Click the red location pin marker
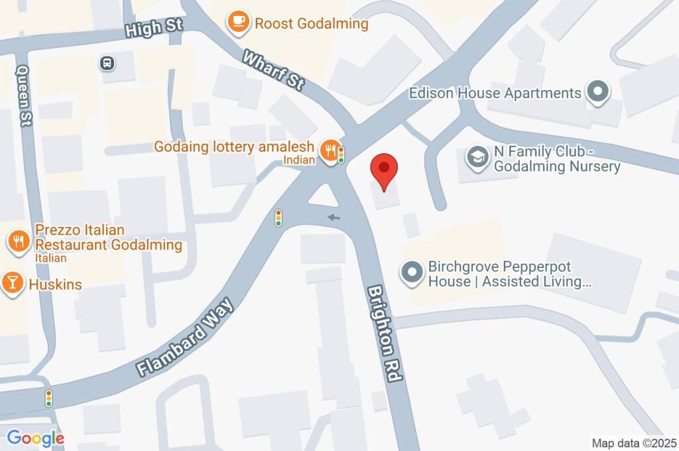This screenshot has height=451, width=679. [383, 169]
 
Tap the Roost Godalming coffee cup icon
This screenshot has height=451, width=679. [238, 23]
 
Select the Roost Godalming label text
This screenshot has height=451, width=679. [311, 24]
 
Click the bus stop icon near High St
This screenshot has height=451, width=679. [106, 63]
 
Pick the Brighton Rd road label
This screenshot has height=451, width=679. [385, 333]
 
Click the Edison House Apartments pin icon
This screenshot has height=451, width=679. [597, 93]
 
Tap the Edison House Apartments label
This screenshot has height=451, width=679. [495, 93]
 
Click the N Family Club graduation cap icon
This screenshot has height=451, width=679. [477, 157]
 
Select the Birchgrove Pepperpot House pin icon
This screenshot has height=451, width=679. [412, 273]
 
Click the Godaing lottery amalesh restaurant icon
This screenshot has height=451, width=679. [328, 150]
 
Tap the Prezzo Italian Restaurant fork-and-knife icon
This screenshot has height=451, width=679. [19, 241]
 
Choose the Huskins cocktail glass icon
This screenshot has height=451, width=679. [11, 283]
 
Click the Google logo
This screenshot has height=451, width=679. [35, 438]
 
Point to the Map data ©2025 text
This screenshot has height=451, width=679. [633, 442]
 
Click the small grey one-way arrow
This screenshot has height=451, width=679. [334, 216]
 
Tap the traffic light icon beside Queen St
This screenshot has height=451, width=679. [48, 398]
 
